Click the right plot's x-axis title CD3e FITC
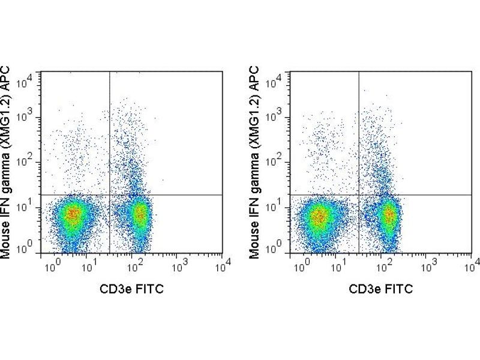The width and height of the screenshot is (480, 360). [381, 289]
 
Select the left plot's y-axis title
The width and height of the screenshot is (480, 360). [7, 162]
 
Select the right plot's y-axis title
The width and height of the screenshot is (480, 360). [256, 162]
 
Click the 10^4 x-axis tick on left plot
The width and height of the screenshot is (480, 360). [221, 263]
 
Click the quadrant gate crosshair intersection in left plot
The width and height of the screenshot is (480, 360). [110, 195]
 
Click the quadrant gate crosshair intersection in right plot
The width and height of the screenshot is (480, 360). [359, 195]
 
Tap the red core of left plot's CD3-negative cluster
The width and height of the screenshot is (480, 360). [73, 213]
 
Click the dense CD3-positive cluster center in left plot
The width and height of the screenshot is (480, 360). [140, 212]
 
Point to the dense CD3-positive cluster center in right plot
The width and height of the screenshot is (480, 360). [389, 214]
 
